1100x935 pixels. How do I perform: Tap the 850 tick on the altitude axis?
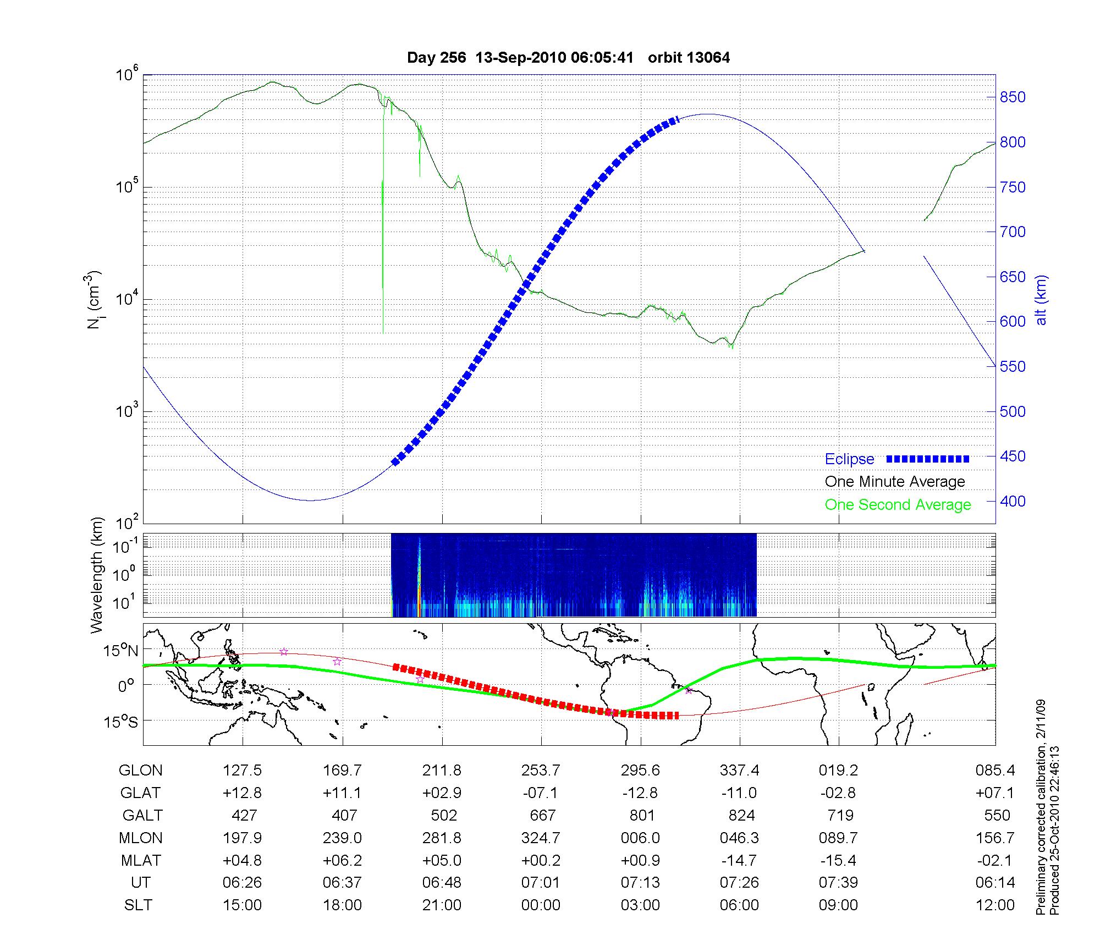point(1013,97)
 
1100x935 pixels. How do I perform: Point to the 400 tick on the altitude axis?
point(1013,501)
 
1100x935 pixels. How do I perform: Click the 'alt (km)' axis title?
point(1041,300)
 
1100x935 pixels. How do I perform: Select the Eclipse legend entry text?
point(849,459)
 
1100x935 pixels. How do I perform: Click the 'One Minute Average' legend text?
point(895,482)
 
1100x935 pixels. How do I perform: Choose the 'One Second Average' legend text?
point(898,505)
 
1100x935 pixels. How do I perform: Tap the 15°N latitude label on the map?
point(120,651)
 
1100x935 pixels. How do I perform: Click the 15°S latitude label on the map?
point(120,721)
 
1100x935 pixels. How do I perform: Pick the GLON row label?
point(140,771)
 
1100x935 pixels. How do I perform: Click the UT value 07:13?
point(640,883)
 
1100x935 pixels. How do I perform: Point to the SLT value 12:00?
point(995,905)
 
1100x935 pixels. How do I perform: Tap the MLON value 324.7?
point(541,838)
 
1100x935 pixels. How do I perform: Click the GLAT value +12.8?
point(242,793)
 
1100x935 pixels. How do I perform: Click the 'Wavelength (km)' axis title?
point(97,575)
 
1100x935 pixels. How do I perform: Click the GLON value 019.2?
point(838,771)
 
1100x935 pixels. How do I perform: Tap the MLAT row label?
point(140,860)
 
